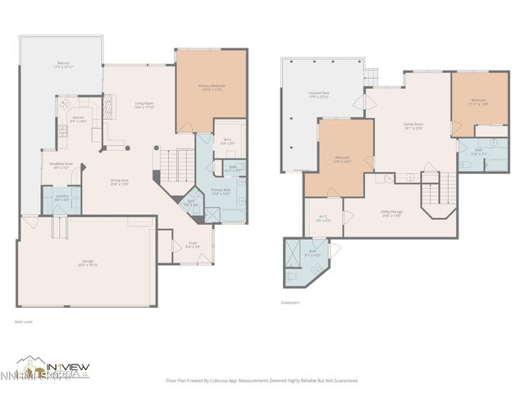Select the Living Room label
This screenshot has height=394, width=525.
(x=144, y=105)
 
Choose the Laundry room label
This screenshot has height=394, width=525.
(x=62, y=198)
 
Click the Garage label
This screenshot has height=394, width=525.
(x=87, y=264)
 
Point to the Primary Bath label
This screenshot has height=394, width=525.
(x=221, y=191)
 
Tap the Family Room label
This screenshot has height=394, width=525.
(x=413, y=126)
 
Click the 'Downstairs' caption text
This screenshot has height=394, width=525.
(x=291, y=303)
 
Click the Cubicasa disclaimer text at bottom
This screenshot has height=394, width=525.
(x=262, y=381)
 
